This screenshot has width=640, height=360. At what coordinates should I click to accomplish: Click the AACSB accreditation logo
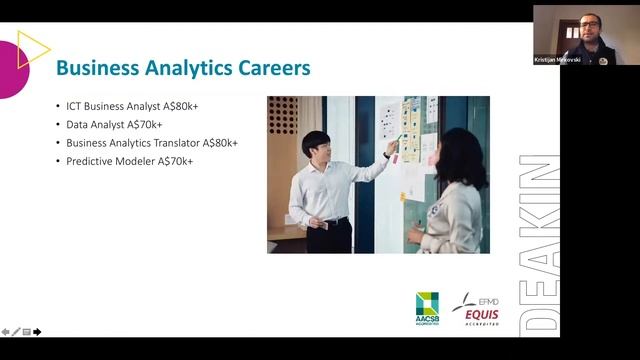click(x=427, y=309)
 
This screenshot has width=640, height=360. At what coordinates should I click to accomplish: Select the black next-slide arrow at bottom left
click(x=37, y=332)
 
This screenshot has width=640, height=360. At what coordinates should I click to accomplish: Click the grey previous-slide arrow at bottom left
click(x=6, y=332)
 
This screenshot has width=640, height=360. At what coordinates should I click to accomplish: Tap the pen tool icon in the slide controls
click(x=16, y=332)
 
